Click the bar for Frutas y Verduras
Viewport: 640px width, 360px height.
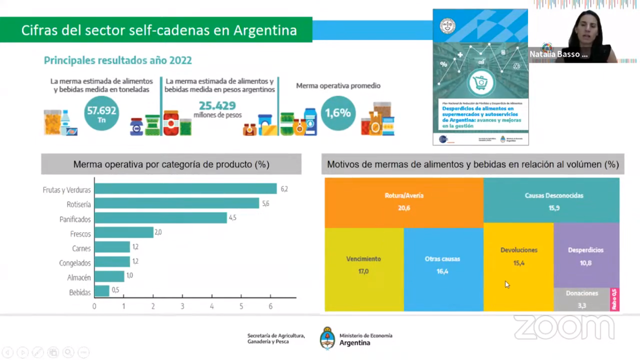pos(185,189)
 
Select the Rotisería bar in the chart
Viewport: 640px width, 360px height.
pos(177,203)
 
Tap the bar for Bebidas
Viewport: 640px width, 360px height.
pos(102,291)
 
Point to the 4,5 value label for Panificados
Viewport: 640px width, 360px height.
pos(232,218)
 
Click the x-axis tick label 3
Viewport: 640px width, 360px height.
pos(183,306)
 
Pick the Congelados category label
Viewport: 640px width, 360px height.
pos(75,263)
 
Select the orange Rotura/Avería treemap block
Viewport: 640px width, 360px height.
pos(404,202)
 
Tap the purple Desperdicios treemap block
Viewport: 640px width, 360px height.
pos(586,255)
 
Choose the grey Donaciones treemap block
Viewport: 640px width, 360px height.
pos(582,299)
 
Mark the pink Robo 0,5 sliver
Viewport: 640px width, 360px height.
pos(614,299)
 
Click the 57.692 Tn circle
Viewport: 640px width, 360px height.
pos(101,113)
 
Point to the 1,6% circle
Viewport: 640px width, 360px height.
pos(338,113)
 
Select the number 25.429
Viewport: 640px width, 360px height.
pos(217,106)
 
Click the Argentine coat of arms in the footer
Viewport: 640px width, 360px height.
pos(327,338)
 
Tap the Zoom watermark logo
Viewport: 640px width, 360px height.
pos(564,327)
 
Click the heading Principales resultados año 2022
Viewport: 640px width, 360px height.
pos(118,61)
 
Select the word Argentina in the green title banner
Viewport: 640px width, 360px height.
pos(265,31)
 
